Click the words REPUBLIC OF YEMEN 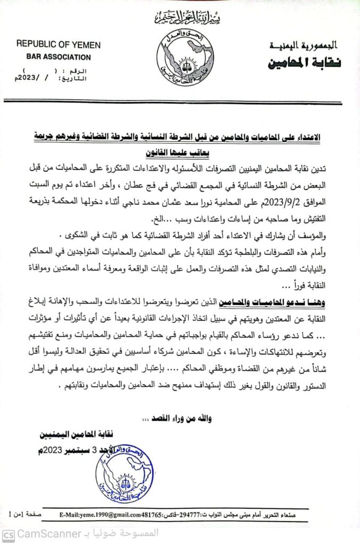click(x=53, y=44)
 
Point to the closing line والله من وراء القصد click(x=180, y=418)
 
